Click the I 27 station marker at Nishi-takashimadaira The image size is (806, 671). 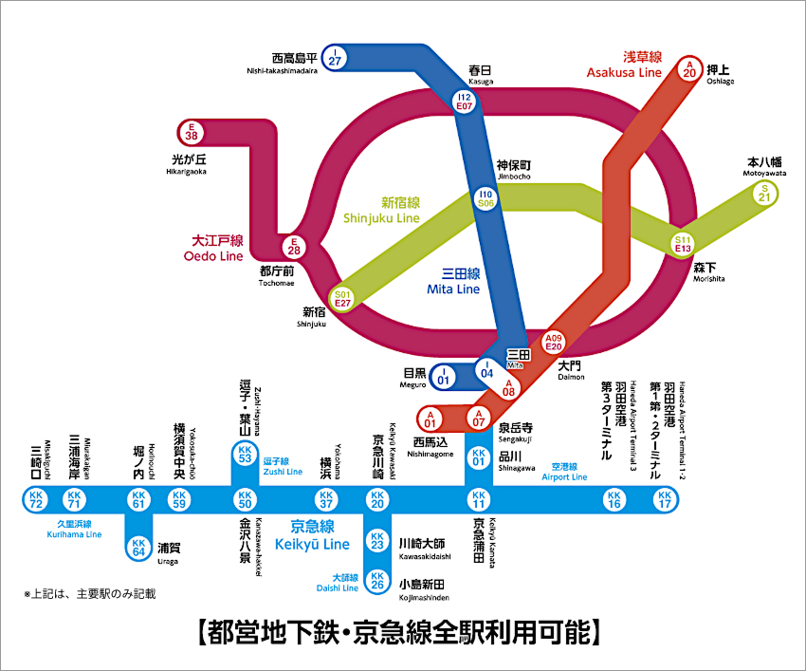(335, 57)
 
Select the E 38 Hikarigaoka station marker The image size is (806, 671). (192, 132)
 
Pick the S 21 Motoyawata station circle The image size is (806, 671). (765, 193)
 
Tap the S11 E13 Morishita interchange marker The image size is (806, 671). (683, 244)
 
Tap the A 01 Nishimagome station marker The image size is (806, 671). (430, 418)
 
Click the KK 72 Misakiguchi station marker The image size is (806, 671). (36, 498)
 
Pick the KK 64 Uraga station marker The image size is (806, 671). (138, 547)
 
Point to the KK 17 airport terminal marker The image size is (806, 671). (664, 498)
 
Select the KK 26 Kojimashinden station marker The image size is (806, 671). (377, 579)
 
